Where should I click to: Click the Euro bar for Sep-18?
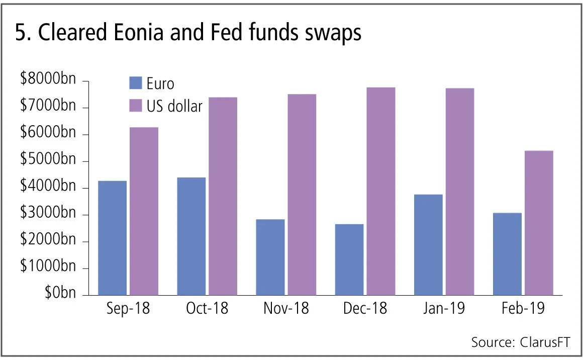click(113, 238)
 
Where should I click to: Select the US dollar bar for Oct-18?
click(223, 196)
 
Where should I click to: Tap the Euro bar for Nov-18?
click(270, 257)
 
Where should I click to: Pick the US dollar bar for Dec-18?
click(380, 191)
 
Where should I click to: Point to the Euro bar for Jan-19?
click(428, 244)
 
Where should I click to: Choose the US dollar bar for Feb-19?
click(538, 223)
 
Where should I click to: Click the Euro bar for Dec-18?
click(349, 259)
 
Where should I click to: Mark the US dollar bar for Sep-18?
click(144, 211)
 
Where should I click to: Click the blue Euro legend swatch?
click(136, 83)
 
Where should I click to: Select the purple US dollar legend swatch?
click(136, 106)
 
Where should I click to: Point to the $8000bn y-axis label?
click(48, 80)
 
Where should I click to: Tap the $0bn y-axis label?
click(58, 294)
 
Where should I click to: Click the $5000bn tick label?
click(48, 161)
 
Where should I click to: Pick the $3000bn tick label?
click(48, 215)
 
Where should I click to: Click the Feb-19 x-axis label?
click(523, 309)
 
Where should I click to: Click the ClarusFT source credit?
click(544, 342)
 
